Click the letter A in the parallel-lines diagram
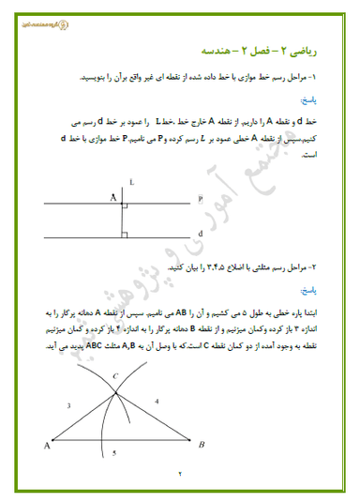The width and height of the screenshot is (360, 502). [112, 197]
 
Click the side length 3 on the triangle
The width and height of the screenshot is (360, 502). [68, 406]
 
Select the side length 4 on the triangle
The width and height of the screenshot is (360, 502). [157, 401]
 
